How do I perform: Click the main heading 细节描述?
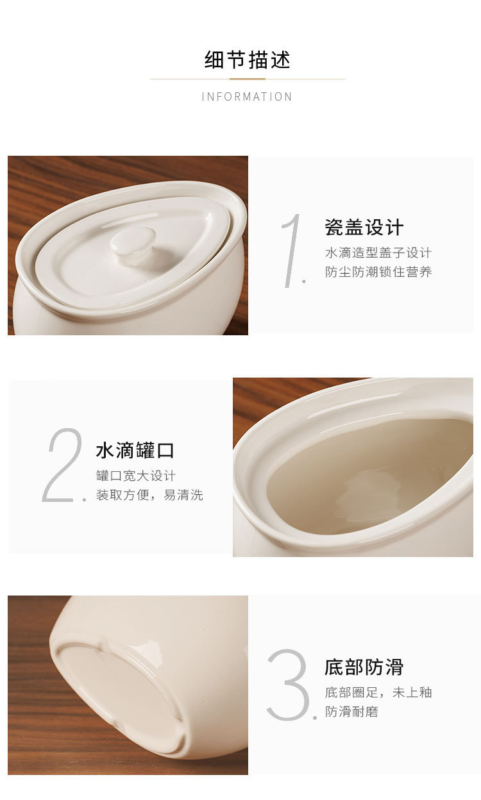pyautogui.click(x=248, y=59)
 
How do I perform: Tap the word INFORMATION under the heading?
pyautogui.click(x=247, y=97)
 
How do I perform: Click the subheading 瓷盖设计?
pyautogui.click(x=364, y=227)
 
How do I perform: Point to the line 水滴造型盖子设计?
pyautogui.click(x=378, y=253)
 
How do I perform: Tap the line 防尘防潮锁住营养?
pyautogui.click(x=378, y=272)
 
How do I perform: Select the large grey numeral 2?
pyautogui.click(x=62, y=465)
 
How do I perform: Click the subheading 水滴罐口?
pyautogui.click(x=135, y=451)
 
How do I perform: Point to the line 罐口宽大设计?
pyautogui.click(x=136, y=476)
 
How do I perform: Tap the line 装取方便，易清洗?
pyautogui.click(x=149, y=495)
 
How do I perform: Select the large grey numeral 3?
pyautogui.click(x=288, y=684)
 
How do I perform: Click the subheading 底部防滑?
pyautogui.click(x=364, y=667)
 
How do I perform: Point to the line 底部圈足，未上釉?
pyautogui.click(x=378, y=692)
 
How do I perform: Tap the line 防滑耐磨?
pyautogui.click(x=351, y=712)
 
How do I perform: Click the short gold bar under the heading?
pyautogui.click(x=248, y=79)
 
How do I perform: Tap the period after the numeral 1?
pyautogui.click(x=304, y=281)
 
